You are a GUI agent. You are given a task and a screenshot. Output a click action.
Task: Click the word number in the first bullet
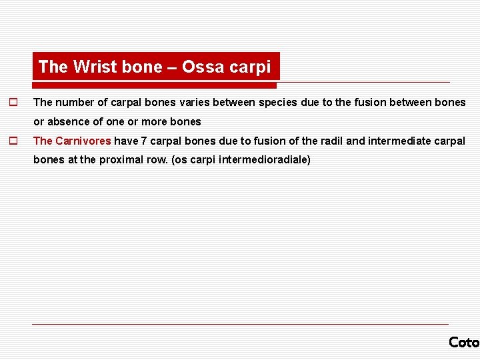click(x=73, y=103)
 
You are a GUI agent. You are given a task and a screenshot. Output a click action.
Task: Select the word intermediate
click(x=399, y=141)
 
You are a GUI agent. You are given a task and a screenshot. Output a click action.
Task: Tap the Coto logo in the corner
click(x=464, y=342)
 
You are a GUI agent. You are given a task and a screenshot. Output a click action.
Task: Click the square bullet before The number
click(x=12, y=103)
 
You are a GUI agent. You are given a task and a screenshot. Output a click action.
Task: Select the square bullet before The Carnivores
click(x=12, y=141)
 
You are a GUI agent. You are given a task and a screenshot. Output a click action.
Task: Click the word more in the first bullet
click(x=154, y=121)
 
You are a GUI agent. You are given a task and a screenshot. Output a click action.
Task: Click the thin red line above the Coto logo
click(x=240, y=325)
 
